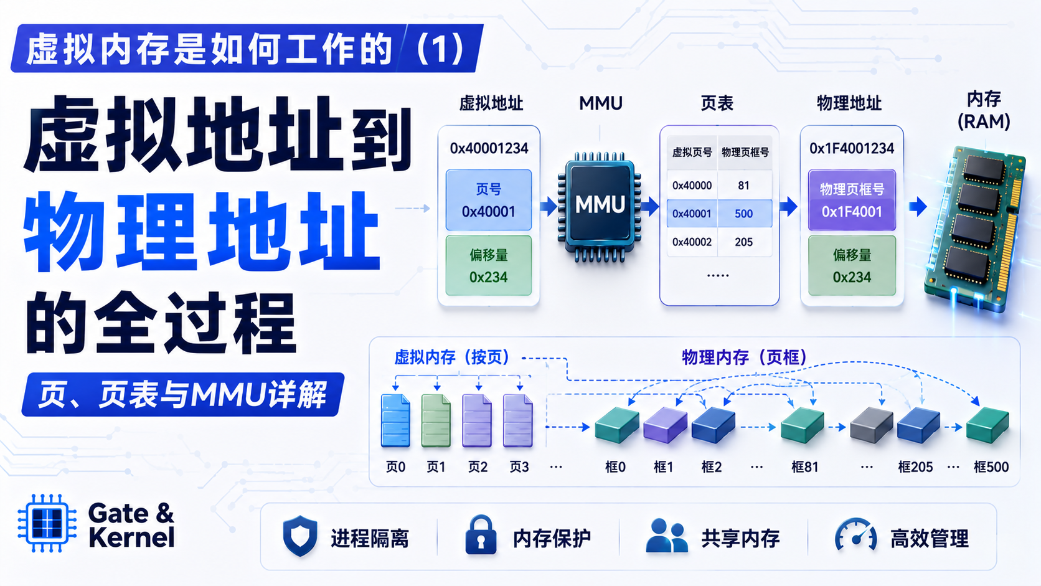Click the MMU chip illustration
599,206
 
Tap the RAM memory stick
975,228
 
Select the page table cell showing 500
744,214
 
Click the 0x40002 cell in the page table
692,242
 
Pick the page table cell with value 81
743,186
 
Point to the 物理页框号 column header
745,153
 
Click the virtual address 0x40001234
489,148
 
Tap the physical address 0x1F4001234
851,148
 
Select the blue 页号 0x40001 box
488,200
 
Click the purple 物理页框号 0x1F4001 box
852,200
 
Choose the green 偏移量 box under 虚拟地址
488,265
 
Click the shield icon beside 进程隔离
300,536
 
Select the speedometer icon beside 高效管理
856,534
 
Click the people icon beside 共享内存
667,536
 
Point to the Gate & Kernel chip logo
47,523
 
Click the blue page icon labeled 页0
395,420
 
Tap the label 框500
991,466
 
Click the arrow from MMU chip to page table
651,206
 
